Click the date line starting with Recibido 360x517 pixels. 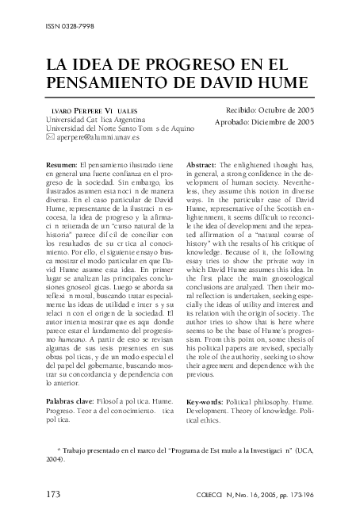[x=270, y=109]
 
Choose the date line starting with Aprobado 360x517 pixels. [x=265, y=122]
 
